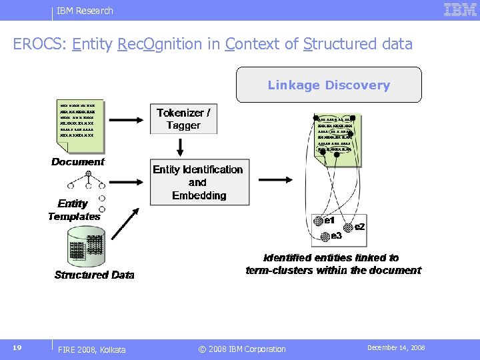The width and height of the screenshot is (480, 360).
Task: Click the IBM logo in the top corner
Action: [x=459, y=10]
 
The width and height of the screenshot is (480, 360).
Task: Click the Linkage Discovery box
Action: [x=329, y=85]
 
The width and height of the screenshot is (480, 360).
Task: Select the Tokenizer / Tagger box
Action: [x=183, y=119]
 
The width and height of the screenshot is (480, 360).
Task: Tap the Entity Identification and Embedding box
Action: [x=198, y=182]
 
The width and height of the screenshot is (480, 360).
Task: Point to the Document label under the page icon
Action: [x=78, y=162]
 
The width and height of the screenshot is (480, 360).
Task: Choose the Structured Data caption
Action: [x=94, y=275]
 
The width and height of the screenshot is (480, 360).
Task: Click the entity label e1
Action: [x=329, y=221]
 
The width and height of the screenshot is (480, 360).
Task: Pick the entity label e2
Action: [x=359, y=227]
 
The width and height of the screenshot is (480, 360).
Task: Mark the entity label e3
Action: [x=336, y=235]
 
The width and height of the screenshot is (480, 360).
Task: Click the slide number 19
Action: [x=17, y=348]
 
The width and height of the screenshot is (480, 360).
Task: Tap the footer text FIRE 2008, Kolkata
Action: [x=91, y=349]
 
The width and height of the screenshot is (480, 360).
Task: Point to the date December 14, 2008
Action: [x=396, y=348]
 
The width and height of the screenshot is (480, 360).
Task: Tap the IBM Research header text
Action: [x=85, y=11]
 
